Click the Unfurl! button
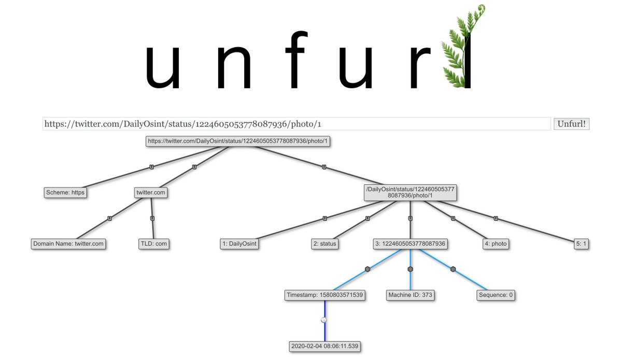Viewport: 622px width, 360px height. tap(572, 124)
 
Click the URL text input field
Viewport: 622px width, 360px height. tap(296, 124)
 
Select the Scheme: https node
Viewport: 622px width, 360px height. tap(65, 192)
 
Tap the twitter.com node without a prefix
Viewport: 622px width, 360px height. tap(151, 192)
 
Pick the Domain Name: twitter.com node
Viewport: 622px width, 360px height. tap(68, 244)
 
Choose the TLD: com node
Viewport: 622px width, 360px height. tap(154, 244)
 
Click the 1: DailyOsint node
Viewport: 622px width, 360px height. tap(239, 244)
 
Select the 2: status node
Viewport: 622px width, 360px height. tap(324, 244)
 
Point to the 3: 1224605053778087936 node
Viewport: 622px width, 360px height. tap(411, 244)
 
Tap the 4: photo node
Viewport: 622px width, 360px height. tap(496, 244)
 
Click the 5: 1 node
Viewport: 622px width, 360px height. tap(582, 244)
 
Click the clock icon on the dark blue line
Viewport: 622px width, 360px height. tap(324, 320)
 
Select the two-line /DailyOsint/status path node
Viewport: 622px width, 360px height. tap(411, 192)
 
